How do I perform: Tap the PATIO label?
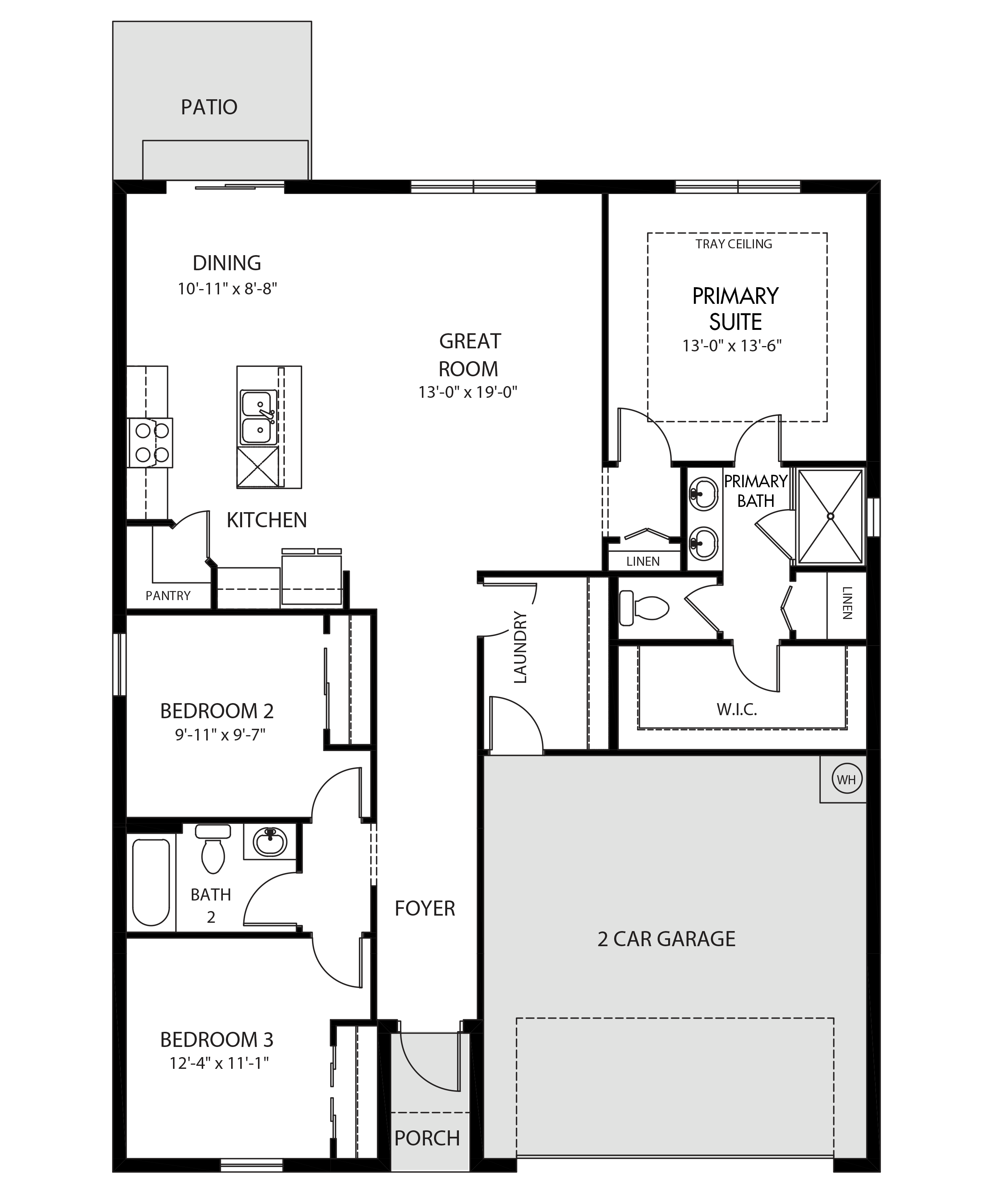(x=209, y=107)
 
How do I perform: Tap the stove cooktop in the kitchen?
(x=150, y=443)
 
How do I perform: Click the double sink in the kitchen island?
(x=259, y=417)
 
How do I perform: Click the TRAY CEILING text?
(x=734, y=244)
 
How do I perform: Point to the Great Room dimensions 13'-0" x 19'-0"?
(x=468, y=392)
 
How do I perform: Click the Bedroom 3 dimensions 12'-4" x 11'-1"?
(x=219, y=1062)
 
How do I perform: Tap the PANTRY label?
(x=168, y=595)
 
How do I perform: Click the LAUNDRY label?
(x=520, y=647)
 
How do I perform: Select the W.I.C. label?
(x=737, y=709)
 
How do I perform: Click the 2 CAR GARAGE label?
(x=666, y=939)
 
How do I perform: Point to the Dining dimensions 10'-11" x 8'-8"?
(x=227, y=289)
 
